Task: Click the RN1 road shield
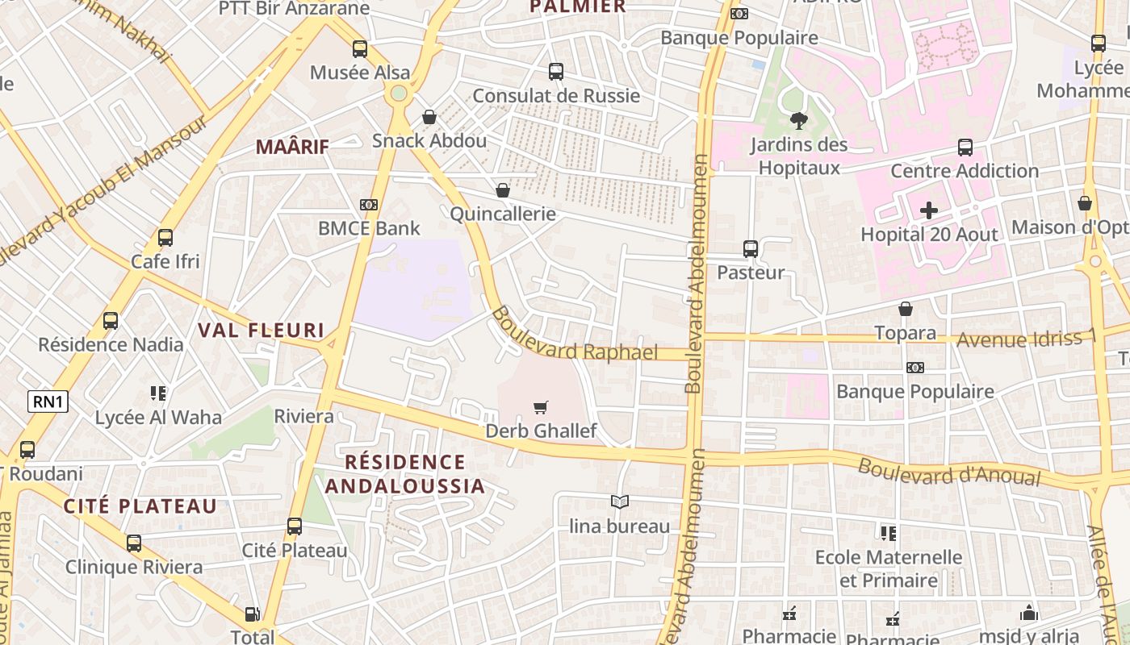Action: [x=48, y=402]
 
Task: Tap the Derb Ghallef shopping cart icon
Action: [x=541, y=407]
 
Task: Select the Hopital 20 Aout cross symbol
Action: [x=929, y=211]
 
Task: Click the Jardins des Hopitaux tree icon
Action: [x=799, y=122]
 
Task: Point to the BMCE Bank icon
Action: [x=369, y=205]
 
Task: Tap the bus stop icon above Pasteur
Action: [x=751, y=249]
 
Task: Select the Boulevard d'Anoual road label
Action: [x=948, y=472]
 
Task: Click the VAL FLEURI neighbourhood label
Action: [x=262, y=330]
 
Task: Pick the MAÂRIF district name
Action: [x=293, y=147]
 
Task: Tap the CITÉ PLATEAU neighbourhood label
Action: [x=140, y=506]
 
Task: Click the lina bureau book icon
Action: [x=620, y=502]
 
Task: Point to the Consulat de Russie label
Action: [x=556, y=96]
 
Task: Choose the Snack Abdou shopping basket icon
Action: [x=429, y=118]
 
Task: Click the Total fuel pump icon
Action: [x=253, y=614]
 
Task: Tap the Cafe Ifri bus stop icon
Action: [x=165, y=238]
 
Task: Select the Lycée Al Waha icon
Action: [x=158, y=393]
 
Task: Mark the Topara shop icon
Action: [x=906, y=309]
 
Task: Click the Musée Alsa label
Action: [x=360, y=73]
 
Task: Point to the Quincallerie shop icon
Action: [x=503, y=190]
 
